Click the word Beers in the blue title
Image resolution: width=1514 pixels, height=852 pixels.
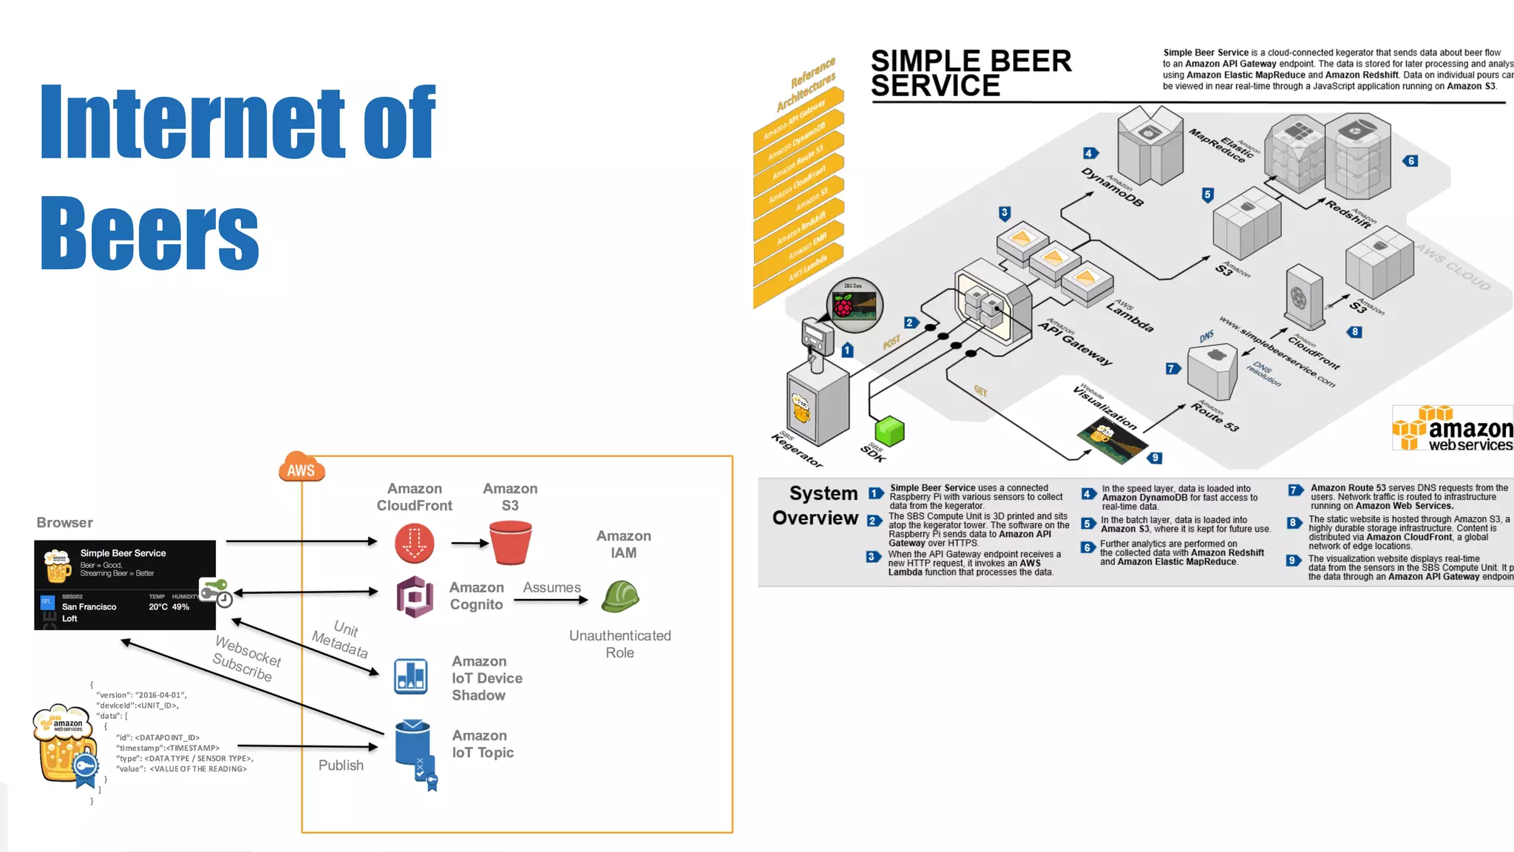[x=149, y=234]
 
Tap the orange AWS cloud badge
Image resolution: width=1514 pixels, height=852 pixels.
[x=302, y=468]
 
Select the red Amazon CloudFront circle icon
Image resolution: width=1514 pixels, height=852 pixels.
[x=414, y=544]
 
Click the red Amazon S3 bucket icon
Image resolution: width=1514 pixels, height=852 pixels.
[x=511, y=543]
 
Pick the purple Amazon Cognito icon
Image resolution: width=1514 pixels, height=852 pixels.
[x=415, y=596]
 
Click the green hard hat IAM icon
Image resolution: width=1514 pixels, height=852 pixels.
[x=619, y=596]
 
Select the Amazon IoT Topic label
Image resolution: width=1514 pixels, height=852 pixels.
[x=482, y=744]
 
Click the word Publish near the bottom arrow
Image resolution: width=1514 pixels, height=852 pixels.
[x=341, y=765]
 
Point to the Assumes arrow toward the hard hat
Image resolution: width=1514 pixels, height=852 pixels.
[x=551, y=600]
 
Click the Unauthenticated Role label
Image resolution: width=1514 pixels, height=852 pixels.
[x=619, y=644]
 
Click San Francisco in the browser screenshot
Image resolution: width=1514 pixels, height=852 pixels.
[x=89, y=607]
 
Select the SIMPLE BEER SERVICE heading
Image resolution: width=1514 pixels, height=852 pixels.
[x=971, y=73]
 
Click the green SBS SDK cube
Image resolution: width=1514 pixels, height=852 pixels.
[x=889, y=431]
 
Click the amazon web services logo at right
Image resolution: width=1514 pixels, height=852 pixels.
[x=1452, y=428]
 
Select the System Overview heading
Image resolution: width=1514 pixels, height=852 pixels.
[x=815, y=505]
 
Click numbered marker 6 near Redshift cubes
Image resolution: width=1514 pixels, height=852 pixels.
[x=1411, y=161]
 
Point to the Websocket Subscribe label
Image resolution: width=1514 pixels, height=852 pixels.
[x=247, y=658]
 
